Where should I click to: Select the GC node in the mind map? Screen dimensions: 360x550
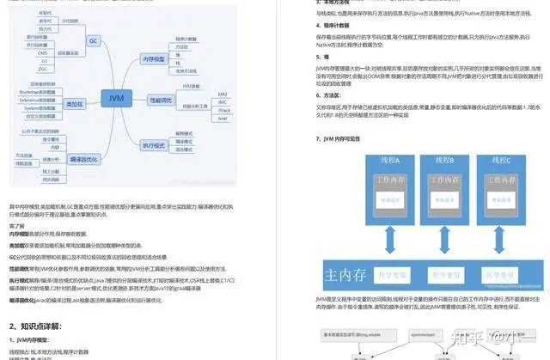coord(92,40)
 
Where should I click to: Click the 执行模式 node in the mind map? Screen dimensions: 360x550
coord(155,146)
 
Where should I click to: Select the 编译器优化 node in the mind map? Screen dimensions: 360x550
coord(82,159)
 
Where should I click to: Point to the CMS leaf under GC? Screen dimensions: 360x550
coord(43,53)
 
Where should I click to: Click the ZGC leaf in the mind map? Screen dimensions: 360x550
coord(43,69)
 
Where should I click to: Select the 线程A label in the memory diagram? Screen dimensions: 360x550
coord(380,160)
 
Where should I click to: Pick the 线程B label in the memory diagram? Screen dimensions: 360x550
coord(443,160)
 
